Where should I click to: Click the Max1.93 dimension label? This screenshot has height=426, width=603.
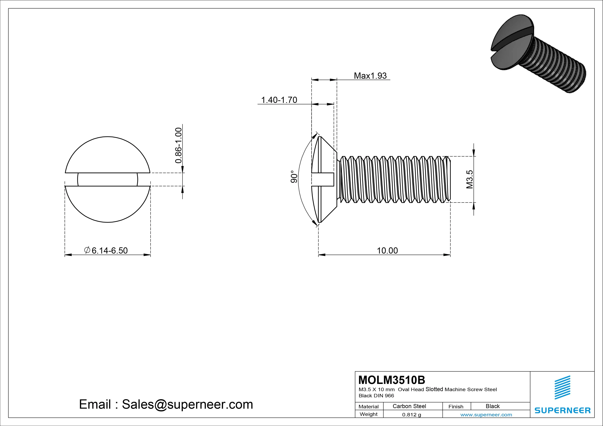click(370, 76)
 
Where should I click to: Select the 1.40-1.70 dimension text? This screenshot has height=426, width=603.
click(279, 100)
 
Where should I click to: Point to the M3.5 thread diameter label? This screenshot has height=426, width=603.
click(470, 179)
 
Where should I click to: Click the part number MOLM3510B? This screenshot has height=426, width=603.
click(392, 380)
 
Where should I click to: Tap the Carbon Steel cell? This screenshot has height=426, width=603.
click(409, 406)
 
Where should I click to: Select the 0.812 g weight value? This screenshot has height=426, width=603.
click(412, 415)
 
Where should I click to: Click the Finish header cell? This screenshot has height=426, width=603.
click(456, 407)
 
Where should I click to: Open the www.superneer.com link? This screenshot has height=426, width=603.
click(486, 415)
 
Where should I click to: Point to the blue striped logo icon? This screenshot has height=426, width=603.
click(562, 387)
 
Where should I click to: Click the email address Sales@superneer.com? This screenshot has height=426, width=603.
click(187, 405)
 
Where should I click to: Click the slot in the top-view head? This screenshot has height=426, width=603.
click(108, 180)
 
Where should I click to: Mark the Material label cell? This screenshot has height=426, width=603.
click(369, 407)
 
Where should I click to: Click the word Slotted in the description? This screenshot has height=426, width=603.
click(434, 389)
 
